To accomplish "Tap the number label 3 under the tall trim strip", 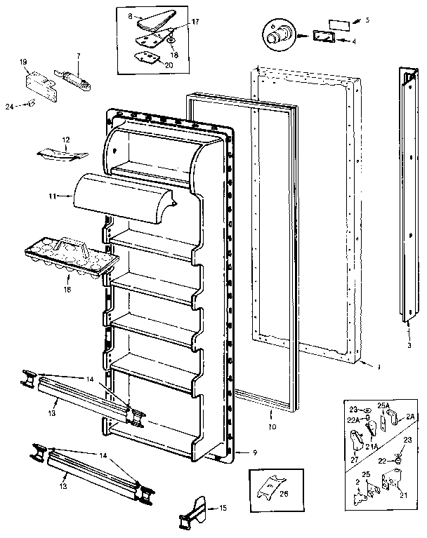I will coord(409,344).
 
